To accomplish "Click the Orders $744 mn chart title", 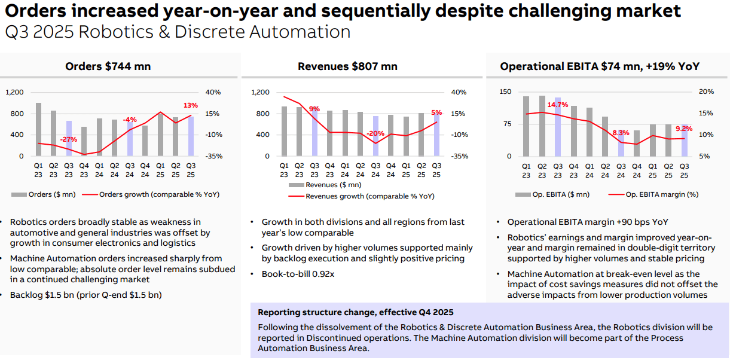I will click(x=108, y=66).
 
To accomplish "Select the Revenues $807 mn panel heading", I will click(x=347, y=66).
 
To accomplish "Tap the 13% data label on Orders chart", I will click(x=191, y=106).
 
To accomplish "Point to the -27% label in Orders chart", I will click(x=69, y=139).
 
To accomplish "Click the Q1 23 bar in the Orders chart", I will click(x=38, y=129).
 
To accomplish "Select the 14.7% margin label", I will click(x=558, y=105).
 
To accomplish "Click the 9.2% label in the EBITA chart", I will click(x=684, y=129).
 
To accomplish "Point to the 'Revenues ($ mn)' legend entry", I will click(x=329, y=185).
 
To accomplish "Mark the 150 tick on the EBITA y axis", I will click(x=506, y=92).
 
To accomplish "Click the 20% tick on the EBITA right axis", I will click(x=706, y=92).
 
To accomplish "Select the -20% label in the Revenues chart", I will click(x=376, y=133).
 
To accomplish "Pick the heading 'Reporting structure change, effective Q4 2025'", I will click(x=356, y=312).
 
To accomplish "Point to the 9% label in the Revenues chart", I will click(x=314, y=109).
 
